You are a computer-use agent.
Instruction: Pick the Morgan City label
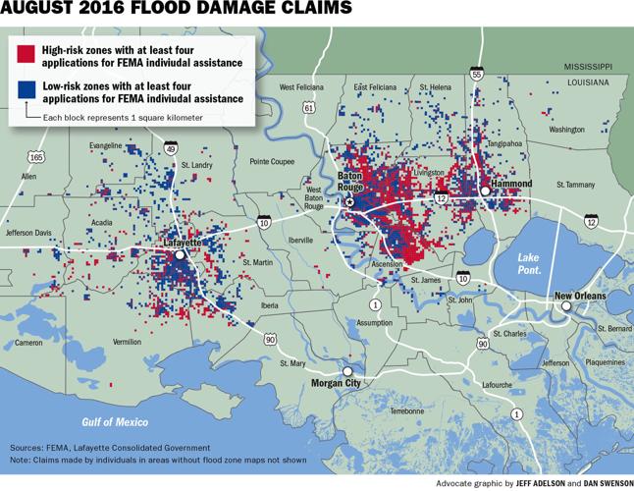coord(329,382)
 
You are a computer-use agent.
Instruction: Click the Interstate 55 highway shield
coord(476,74)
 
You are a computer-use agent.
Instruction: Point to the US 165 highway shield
coord(36,156)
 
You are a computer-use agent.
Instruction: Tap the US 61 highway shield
coord(309,106)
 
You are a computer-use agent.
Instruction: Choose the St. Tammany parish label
coord(575,184)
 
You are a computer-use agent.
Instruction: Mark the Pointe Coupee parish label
coord(272,161)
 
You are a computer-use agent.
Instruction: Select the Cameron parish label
coord(28,343)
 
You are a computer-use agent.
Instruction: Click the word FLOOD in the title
coord(150,11)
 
